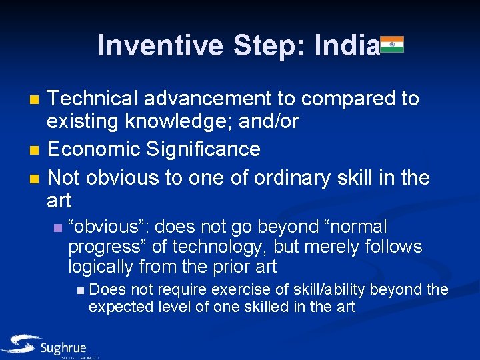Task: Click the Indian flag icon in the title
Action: pos(392,45)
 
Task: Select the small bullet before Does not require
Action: pos(80,290)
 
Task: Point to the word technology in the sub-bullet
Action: pos(209,247)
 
